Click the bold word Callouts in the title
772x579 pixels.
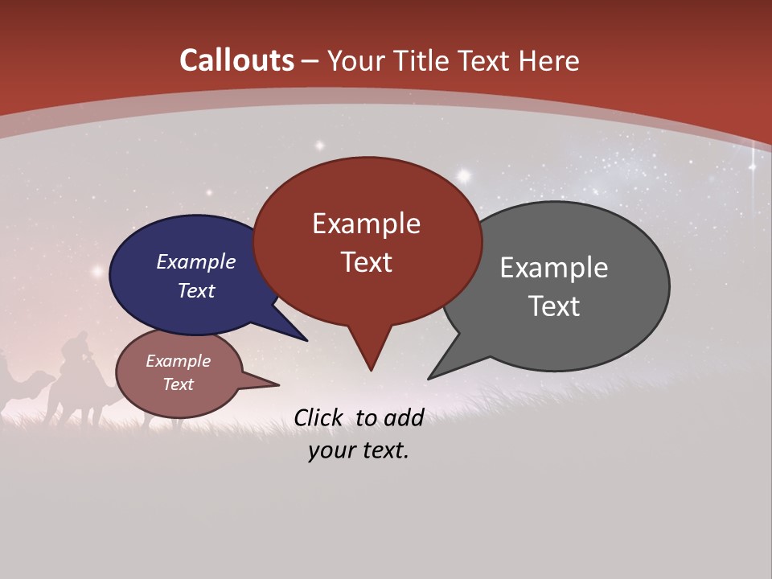click(236, 60)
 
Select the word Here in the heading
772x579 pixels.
click(549, 60)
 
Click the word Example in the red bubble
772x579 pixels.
click(366, 224)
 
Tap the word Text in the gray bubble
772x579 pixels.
click(555, 306)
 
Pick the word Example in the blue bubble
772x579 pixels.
click(196, 262)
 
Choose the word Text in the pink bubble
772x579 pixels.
click(179, 384)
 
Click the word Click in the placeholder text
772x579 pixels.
click(318, 417)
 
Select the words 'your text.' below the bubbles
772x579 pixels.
click(359, 451)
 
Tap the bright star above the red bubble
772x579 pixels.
click(464, 174)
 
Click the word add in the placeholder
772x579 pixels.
click(403, 417)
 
